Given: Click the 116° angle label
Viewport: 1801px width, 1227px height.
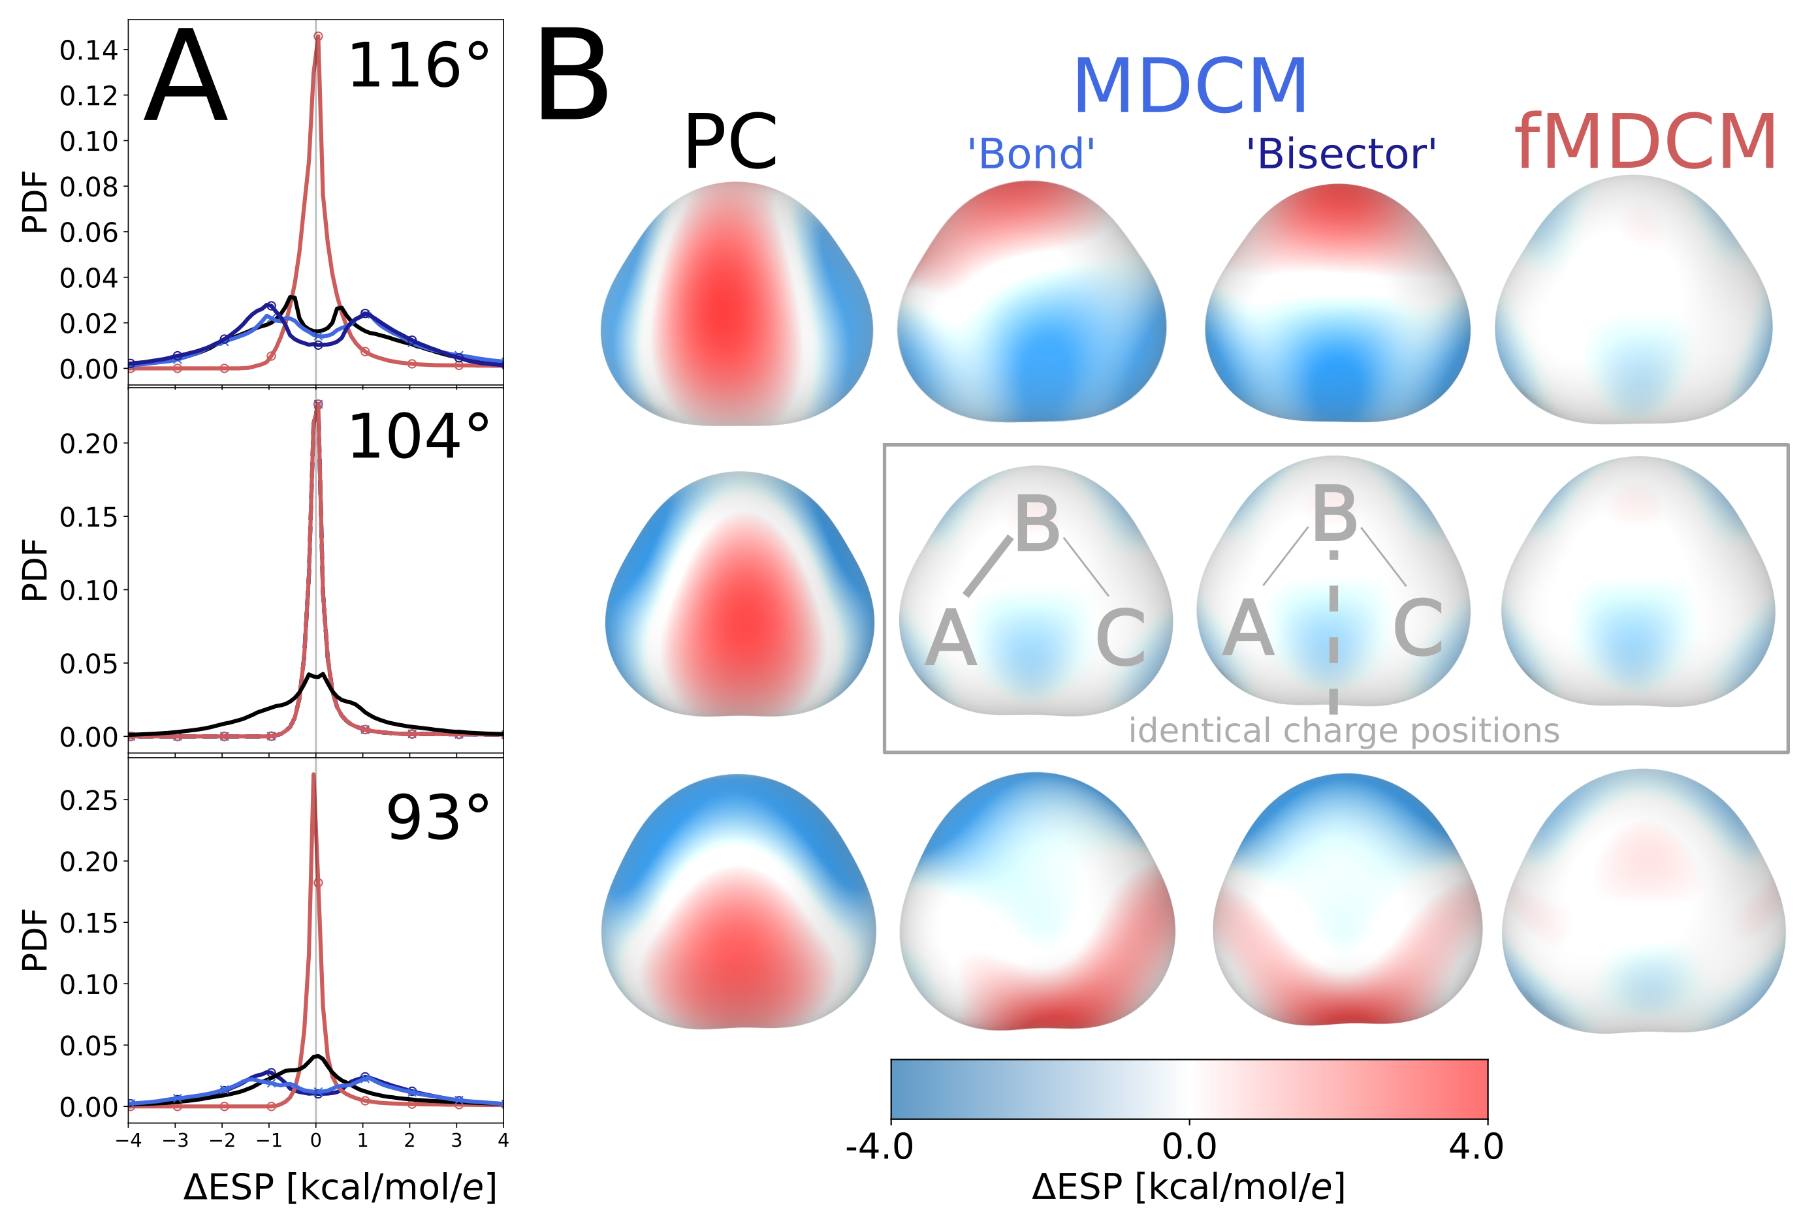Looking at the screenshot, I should pos(419,67).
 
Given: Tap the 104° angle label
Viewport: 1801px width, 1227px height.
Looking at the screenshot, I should pos(419,438).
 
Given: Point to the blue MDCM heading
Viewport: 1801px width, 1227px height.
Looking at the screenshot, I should pos(1190,87).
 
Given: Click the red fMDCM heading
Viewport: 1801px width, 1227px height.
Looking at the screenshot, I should pos(1645,144).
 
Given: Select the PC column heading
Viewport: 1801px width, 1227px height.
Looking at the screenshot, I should pos(730,144).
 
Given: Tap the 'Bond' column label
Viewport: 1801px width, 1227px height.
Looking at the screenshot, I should pos(1030,154).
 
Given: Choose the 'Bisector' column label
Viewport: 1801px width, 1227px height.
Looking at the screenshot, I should pos(1341,154).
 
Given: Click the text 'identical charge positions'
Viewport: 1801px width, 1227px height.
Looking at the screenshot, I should pos(1343,730).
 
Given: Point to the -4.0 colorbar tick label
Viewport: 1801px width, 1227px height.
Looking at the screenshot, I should pos(879,1147).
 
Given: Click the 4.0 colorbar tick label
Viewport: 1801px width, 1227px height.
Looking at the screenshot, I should pos(1476,1147).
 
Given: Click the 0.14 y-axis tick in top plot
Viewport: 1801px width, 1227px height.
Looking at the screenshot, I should pos(88,50).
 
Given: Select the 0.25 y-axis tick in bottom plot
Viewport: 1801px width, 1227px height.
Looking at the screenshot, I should pos(88,800).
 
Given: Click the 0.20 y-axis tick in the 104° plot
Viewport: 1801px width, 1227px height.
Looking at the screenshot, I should pos(88,444).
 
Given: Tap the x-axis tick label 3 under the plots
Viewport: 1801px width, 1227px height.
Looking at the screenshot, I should pos(456,1140).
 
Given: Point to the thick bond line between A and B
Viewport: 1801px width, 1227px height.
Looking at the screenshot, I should pos(988,565).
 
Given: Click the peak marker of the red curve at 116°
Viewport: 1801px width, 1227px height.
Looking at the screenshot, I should pos(318,37).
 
